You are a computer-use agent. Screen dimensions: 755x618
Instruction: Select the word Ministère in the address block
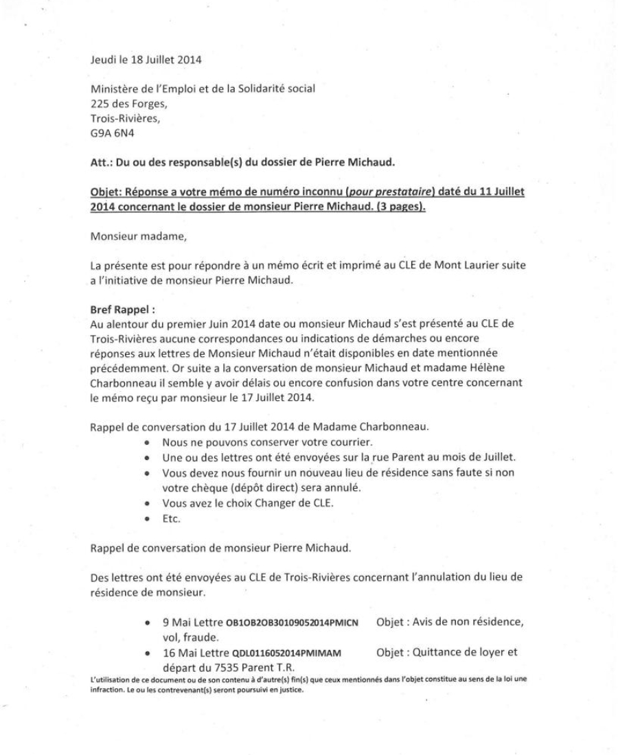pos(113,88)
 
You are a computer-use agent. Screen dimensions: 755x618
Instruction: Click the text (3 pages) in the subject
pos(398,207)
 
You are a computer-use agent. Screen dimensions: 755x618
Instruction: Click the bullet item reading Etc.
pos(170,518)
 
